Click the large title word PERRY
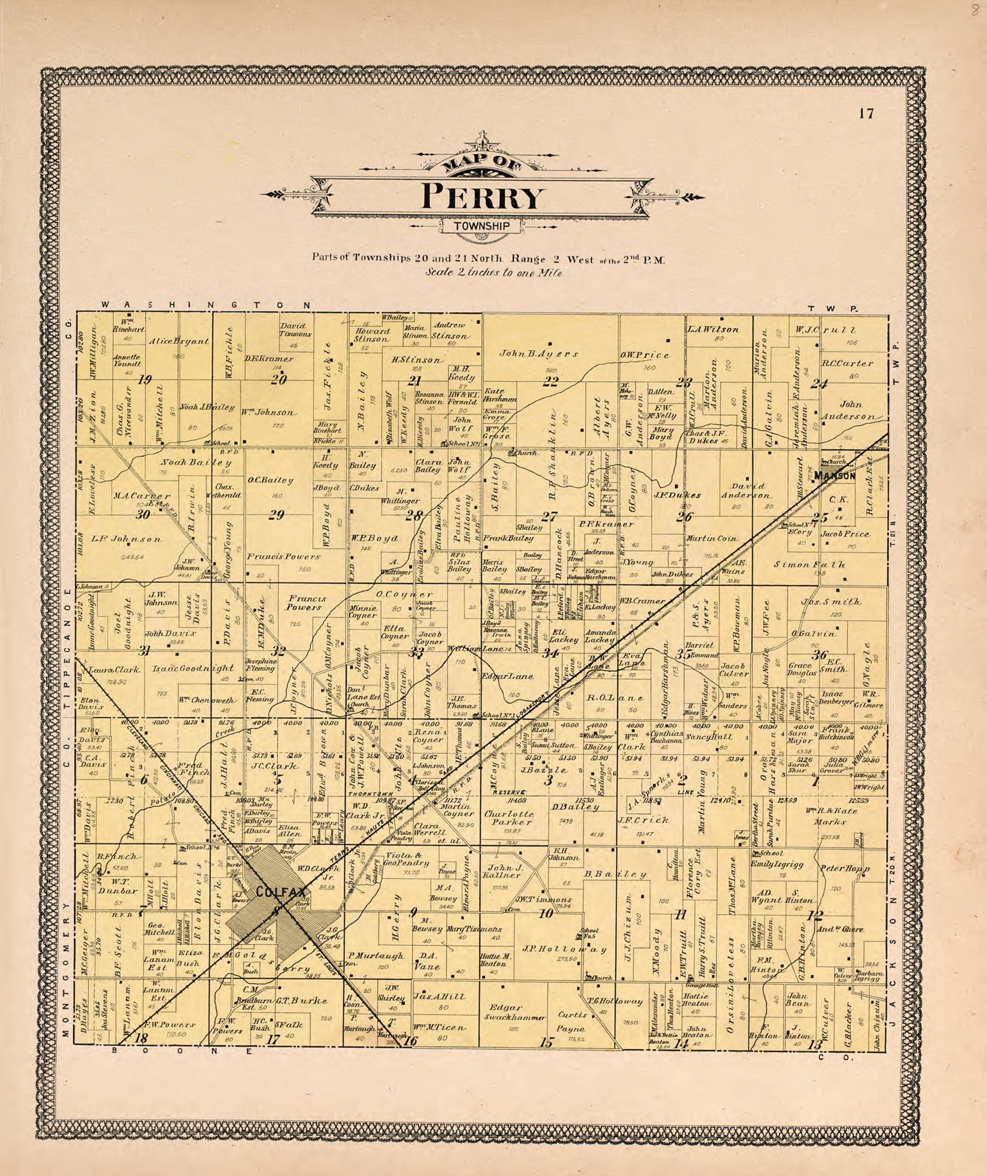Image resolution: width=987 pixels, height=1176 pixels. pos(482,198)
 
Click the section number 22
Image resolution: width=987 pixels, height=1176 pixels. pos(550,382)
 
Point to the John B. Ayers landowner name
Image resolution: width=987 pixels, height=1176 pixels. pos(539,354)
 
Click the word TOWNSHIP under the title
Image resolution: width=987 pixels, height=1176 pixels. pos(482,226)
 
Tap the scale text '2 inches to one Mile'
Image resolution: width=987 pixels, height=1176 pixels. pos(493,273)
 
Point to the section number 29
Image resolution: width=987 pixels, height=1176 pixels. pos(277,515)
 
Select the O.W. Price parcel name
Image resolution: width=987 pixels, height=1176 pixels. pos(644,355)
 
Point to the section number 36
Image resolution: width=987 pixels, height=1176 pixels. pos(820,655)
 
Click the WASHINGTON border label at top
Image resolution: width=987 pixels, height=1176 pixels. pos(205,305)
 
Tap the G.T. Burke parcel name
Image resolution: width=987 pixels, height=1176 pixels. pos(297,1001)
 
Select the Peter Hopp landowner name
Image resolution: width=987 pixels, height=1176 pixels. pos(845,869)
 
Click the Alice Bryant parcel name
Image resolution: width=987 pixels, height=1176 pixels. pos(179,341)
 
